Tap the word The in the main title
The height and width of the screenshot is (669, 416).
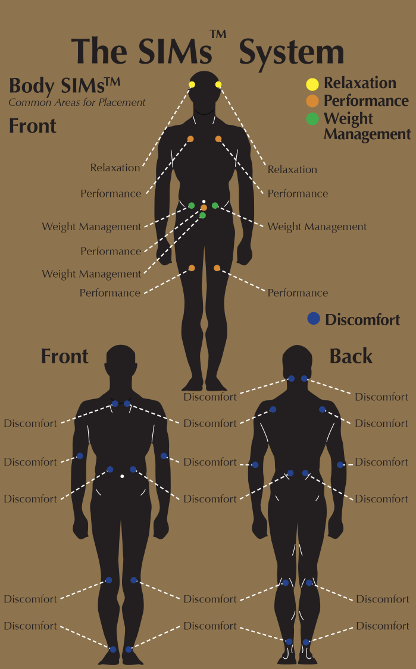(x=99, y=51)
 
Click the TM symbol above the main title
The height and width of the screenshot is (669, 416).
(x=218, y=34)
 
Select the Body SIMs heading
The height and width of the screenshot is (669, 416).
(x=64, y=86)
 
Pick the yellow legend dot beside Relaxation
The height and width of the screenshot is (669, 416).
(x=312, y=84)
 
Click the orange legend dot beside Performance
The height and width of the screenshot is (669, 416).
(x=312, y=101)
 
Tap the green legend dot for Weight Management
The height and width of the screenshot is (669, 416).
(x=312, y=118)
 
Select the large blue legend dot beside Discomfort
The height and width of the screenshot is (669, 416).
(x=314, y=318)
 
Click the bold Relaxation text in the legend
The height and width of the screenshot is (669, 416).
(x=360, y=83)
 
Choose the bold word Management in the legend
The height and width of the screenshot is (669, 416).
(x=367, y=134)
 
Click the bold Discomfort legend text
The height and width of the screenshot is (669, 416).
(x=362, y=319)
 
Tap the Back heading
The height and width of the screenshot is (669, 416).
(x=351, y=356)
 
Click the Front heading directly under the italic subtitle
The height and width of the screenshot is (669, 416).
(x=33, y=126)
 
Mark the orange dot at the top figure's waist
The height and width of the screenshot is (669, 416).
(x=204, y=208)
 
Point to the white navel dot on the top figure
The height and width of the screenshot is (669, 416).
(x=204, y=202)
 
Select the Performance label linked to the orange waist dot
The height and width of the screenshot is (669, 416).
(x=111, y=252)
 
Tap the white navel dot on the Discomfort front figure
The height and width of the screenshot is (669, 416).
(x=122, y=476)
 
